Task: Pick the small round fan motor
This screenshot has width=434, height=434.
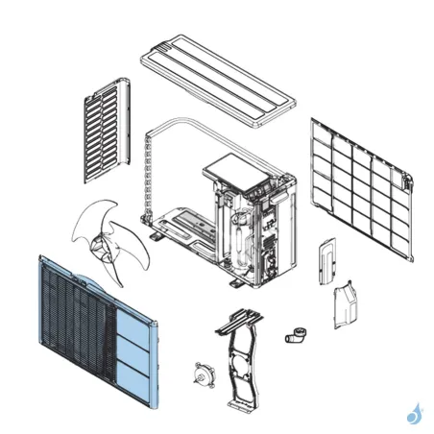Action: coord(203,375)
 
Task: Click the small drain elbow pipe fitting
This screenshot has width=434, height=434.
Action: coord(295,335)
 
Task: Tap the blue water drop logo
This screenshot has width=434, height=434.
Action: coord(414,414)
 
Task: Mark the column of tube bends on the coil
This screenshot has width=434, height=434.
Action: coord(146,178)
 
